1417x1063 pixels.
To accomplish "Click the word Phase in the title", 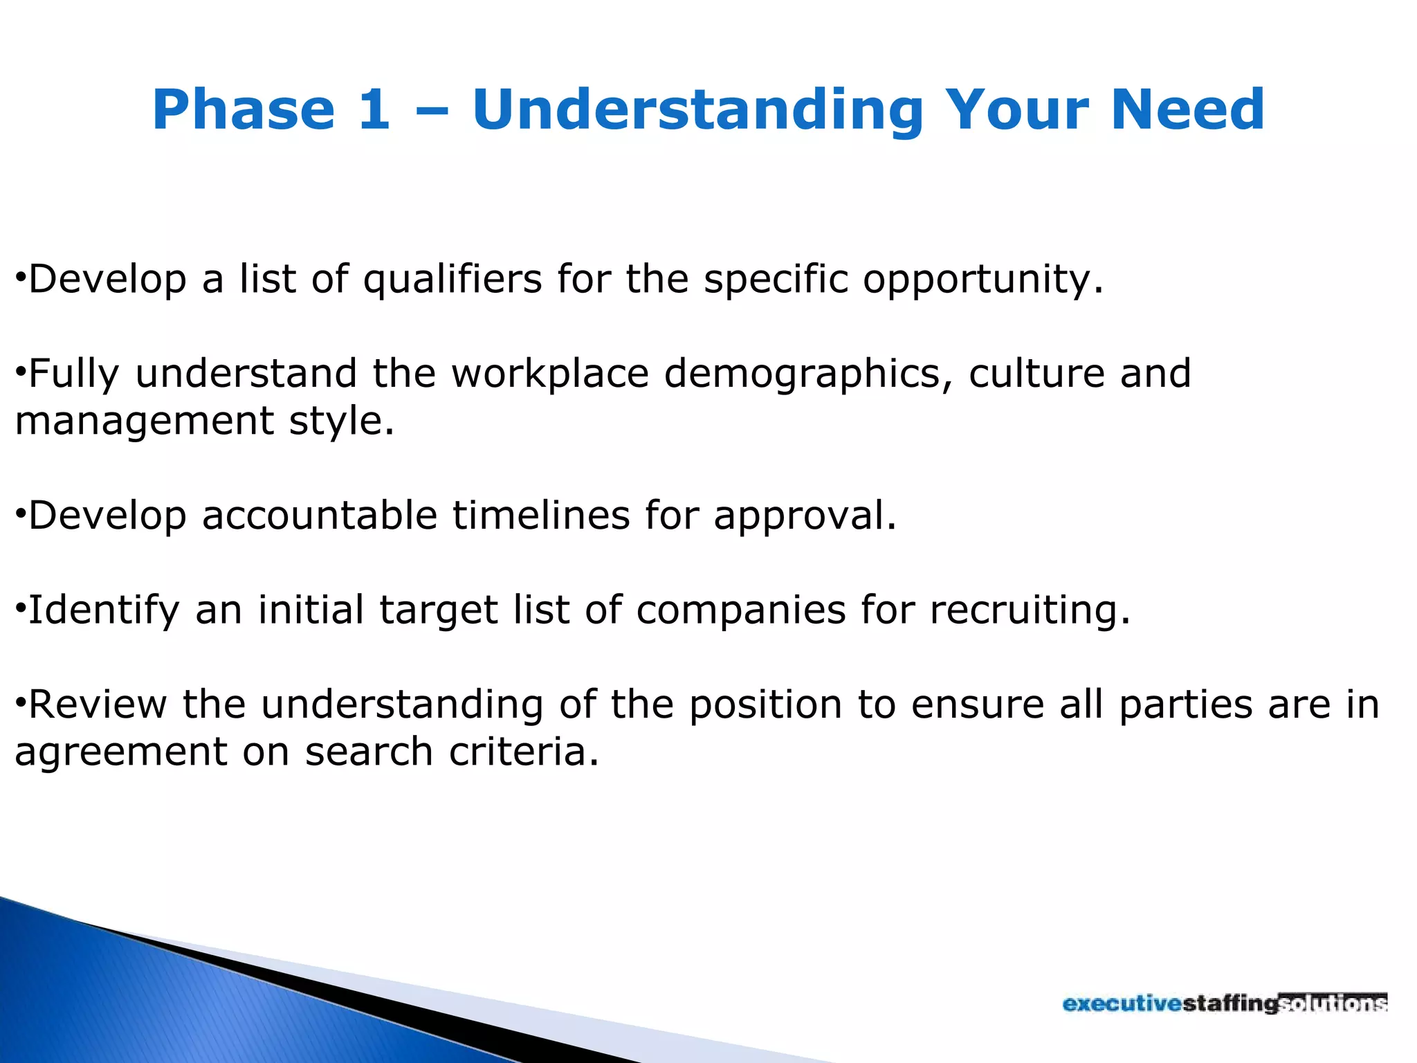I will click(x=244, y=109).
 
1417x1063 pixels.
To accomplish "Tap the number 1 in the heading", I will click(x=374, y=109).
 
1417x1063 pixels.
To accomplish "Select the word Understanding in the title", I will click(x=697, y=111).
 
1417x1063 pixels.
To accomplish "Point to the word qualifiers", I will click(x=452, y=280).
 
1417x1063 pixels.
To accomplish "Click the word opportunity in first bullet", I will click(x=981, y=280).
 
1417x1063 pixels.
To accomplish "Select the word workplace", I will click(x=550, y=374).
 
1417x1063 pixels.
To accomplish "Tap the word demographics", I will click(x=807, y=374).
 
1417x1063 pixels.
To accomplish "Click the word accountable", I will click(x=320, y=516).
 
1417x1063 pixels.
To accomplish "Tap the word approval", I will click(x=804, y=517).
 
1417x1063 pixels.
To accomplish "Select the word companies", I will click(x=740, y=611).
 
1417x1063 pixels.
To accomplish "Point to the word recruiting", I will click(x=1029, y=611).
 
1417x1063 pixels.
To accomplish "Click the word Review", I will click(x=98, y=705).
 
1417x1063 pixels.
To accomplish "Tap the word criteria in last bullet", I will click(x=523, y=752).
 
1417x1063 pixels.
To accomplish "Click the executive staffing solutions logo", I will click(x=1225, y=1003).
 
